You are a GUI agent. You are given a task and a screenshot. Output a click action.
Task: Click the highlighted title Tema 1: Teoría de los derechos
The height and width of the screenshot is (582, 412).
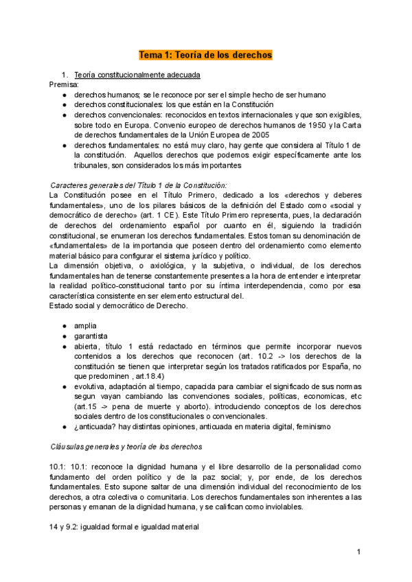[206, 54]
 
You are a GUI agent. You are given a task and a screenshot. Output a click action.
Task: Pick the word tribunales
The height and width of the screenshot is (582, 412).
[95, 165]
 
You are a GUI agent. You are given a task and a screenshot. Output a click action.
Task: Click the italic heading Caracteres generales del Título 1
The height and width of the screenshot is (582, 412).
[139, 185]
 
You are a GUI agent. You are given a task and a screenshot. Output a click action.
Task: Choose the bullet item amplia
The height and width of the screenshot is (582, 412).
[85, 325]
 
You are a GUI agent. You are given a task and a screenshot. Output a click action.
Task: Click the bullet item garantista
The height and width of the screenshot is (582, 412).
[92, 335]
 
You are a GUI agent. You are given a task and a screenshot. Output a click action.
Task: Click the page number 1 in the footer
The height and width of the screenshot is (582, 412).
[358, 552]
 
